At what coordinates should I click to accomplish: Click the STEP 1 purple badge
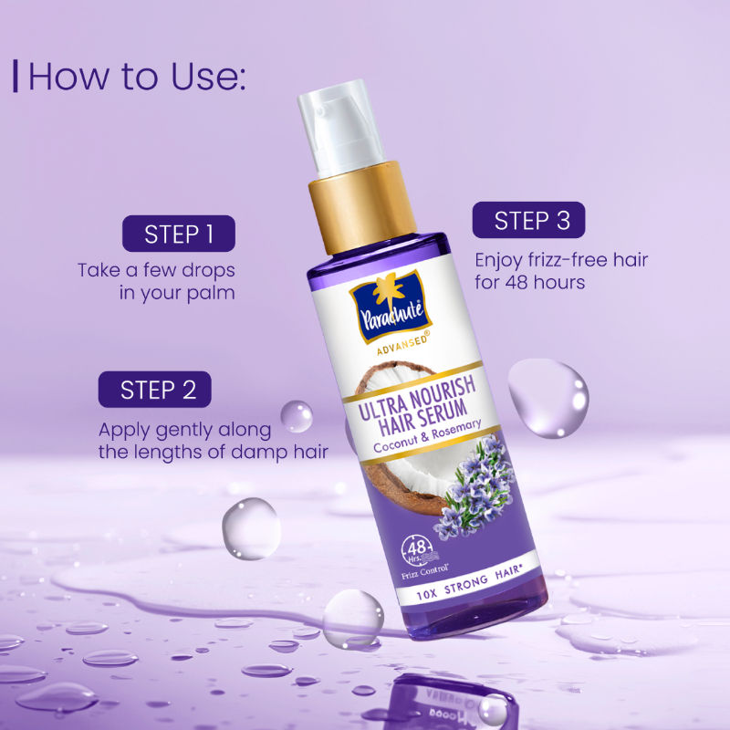click(x=179, y=234)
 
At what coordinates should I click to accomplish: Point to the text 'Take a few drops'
click(x=156, y=270)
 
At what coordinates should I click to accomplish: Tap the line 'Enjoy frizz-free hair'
click(x=561, y=259)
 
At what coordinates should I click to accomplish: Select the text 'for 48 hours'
click(x=529, y=282)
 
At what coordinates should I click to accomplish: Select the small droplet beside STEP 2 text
click(x=296, y=416)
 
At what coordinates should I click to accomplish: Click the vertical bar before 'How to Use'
click(x=16, y=76)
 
